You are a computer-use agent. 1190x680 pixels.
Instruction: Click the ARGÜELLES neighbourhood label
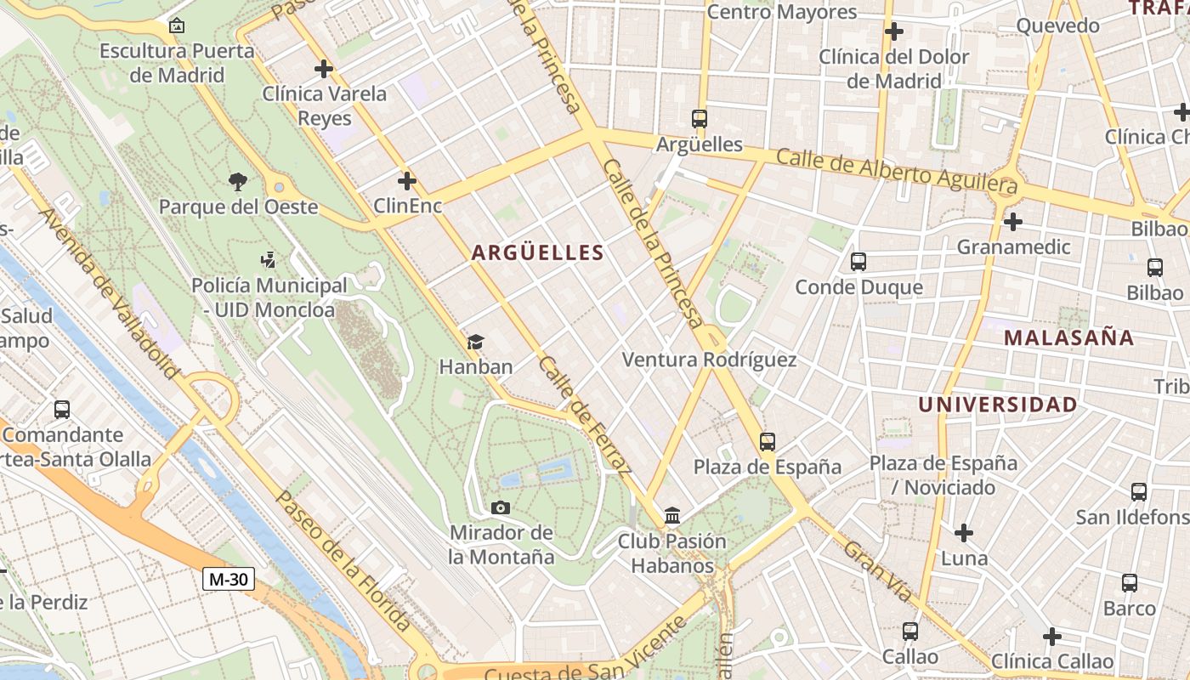[x=537, y=252]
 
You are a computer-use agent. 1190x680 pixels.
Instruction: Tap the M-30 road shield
[x=229, y=580]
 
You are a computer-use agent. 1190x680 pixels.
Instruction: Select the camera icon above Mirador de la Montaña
[x=501, y=507]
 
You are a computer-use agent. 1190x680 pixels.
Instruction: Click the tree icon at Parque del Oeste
[x=238, y=180]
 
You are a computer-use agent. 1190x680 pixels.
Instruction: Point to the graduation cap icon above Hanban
[x=475, y=343]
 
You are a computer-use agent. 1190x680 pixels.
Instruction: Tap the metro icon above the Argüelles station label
[x=699, y=119]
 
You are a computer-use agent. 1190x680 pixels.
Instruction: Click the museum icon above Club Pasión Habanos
[x=672, y=515]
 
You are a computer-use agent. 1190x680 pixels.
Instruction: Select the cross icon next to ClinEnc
[x=407, y=180]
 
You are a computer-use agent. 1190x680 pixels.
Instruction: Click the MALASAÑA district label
[x=1068, y=337]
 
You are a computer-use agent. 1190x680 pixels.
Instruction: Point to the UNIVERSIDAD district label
[x=997, y=405]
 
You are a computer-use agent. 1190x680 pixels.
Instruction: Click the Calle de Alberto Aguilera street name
[x=897, y=170]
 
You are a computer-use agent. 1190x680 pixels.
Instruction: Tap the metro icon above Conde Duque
[x=858, y=262]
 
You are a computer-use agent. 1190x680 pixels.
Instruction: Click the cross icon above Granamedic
[x=1012, y=222]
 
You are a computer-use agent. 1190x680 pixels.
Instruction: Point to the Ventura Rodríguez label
[x=709, y=360]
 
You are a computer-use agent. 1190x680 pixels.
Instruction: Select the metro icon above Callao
[x=909, y=632]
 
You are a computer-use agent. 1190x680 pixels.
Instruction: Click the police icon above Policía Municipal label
[x=269, y=260]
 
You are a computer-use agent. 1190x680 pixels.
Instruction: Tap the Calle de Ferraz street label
[x=586, y=416]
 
